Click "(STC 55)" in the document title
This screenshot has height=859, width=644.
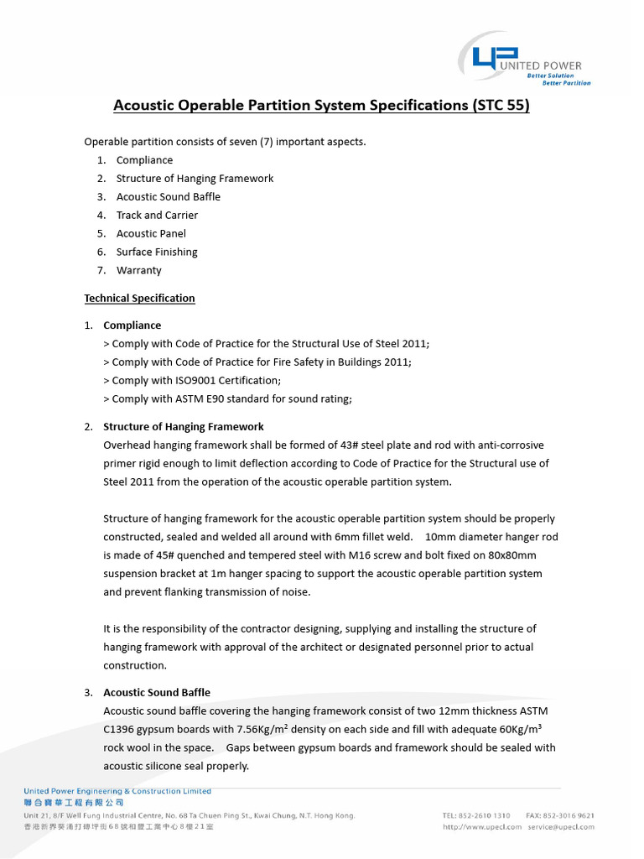tap(501, 107)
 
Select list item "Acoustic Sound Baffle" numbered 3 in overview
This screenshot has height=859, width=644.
tap(168, 196)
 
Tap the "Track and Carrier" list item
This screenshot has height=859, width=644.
tap(157, 215)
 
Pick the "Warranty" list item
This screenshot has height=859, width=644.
tap(138, 270)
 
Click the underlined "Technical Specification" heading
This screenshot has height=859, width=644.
tap(139, 298)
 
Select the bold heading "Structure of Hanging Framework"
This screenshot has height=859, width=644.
tap(183, 426)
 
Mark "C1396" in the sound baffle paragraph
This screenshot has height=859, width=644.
tap(120, 729)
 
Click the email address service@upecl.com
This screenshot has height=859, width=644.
tap(561, 827)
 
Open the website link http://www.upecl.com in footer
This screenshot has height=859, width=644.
tap(481, 827)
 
